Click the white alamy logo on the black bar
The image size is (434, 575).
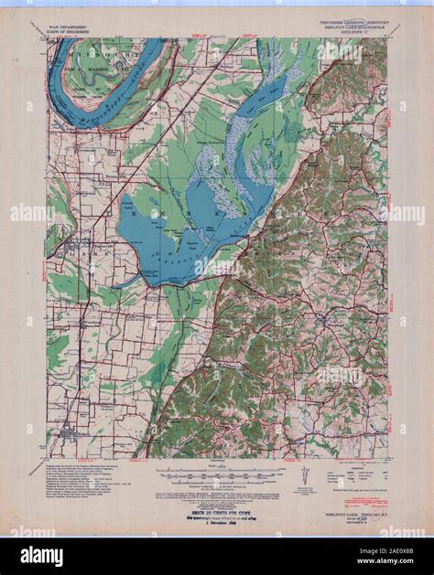[43, 557]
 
